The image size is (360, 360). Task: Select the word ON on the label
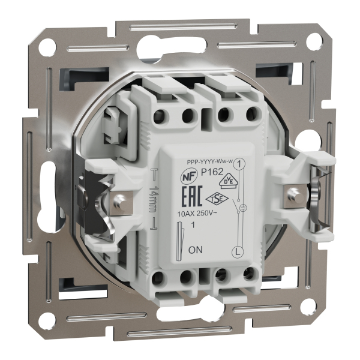pyautogui.click(x=194, y=248)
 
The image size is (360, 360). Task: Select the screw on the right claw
pyautogui.click(x=294, y=193)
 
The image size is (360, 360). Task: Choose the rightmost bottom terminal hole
pyautogui.click(x=247, y=277)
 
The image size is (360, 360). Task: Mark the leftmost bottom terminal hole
pyautogui.click(x=160, y=277)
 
